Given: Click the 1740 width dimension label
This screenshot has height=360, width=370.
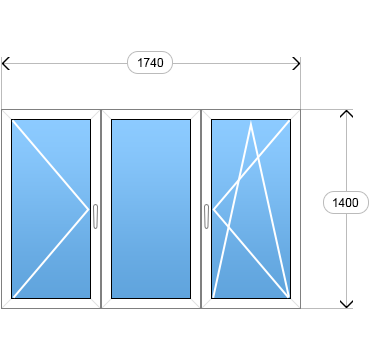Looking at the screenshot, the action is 150,63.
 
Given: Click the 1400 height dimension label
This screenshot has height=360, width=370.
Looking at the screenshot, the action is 346,202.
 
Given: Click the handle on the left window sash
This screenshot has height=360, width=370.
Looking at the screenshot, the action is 95,216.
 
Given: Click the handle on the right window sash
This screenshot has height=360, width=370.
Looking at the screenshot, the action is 206,216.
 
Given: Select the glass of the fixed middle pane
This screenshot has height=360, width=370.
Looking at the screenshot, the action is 151,209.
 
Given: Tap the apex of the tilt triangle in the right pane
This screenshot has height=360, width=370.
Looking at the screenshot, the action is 251,122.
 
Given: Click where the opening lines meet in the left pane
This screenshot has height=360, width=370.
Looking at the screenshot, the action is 89,209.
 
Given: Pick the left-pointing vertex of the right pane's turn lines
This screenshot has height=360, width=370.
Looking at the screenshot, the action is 213,209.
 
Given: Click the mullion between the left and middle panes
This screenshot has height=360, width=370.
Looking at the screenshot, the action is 101,209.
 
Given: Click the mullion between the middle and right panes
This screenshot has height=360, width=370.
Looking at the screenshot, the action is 201,209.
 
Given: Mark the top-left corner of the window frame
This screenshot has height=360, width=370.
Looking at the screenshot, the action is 2,109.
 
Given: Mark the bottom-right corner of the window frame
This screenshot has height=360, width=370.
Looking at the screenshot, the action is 300,308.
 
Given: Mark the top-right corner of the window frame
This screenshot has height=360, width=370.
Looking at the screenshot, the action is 300,109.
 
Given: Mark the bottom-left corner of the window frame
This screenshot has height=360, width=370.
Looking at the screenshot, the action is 2,308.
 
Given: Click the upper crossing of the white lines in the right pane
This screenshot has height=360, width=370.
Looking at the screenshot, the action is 258,158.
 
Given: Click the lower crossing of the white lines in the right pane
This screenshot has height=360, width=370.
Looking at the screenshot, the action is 228,226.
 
